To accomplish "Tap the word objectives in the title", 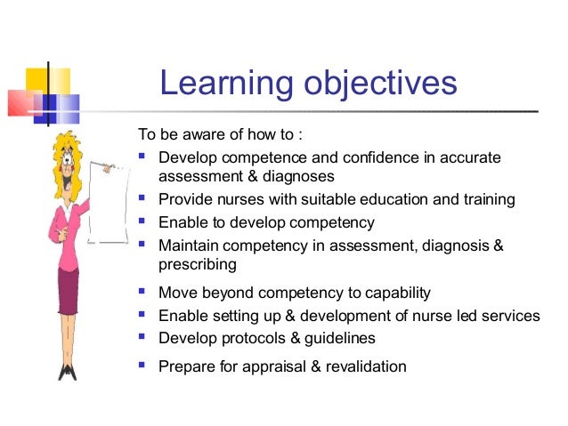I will [x=375, y=84].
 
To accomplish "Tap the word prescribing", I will [x=197, y=264].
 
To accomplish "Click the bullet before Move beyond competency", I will [x=143, y=291].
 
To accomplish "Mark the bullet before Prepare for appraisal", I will [x=143, y=365].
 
